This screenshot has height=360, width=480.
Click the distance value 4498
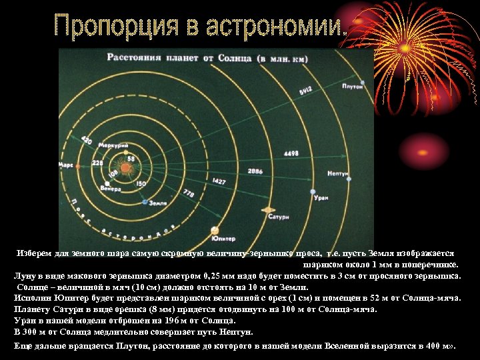click(x=291, y=153)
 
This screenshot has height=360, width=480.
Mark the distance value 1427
click(x=218, y=181)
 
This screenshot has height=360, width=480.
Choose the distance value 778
click(x=188, y=193)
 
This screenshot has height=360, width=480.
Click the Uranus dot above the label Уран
click(x=313, y=192)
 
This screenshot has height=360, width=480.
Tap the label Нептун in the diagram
click(x=339, y=173)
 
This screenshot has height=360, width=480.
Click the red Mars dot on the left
click(x=76, y=163)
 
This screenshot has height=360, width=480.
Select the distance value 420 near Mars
click(x=87, y=141)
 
